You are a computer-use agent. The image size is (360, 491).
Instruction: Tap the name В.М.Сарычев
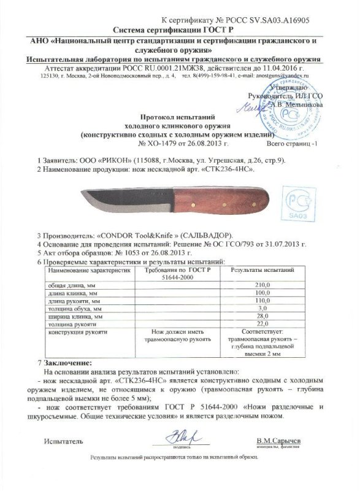coord(280,441)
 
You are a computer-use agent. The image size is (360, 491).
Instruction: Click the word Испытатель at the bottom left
coord(62,441)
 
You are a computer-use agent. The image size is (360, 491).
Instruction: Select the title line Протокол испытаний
coord(179,115)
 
